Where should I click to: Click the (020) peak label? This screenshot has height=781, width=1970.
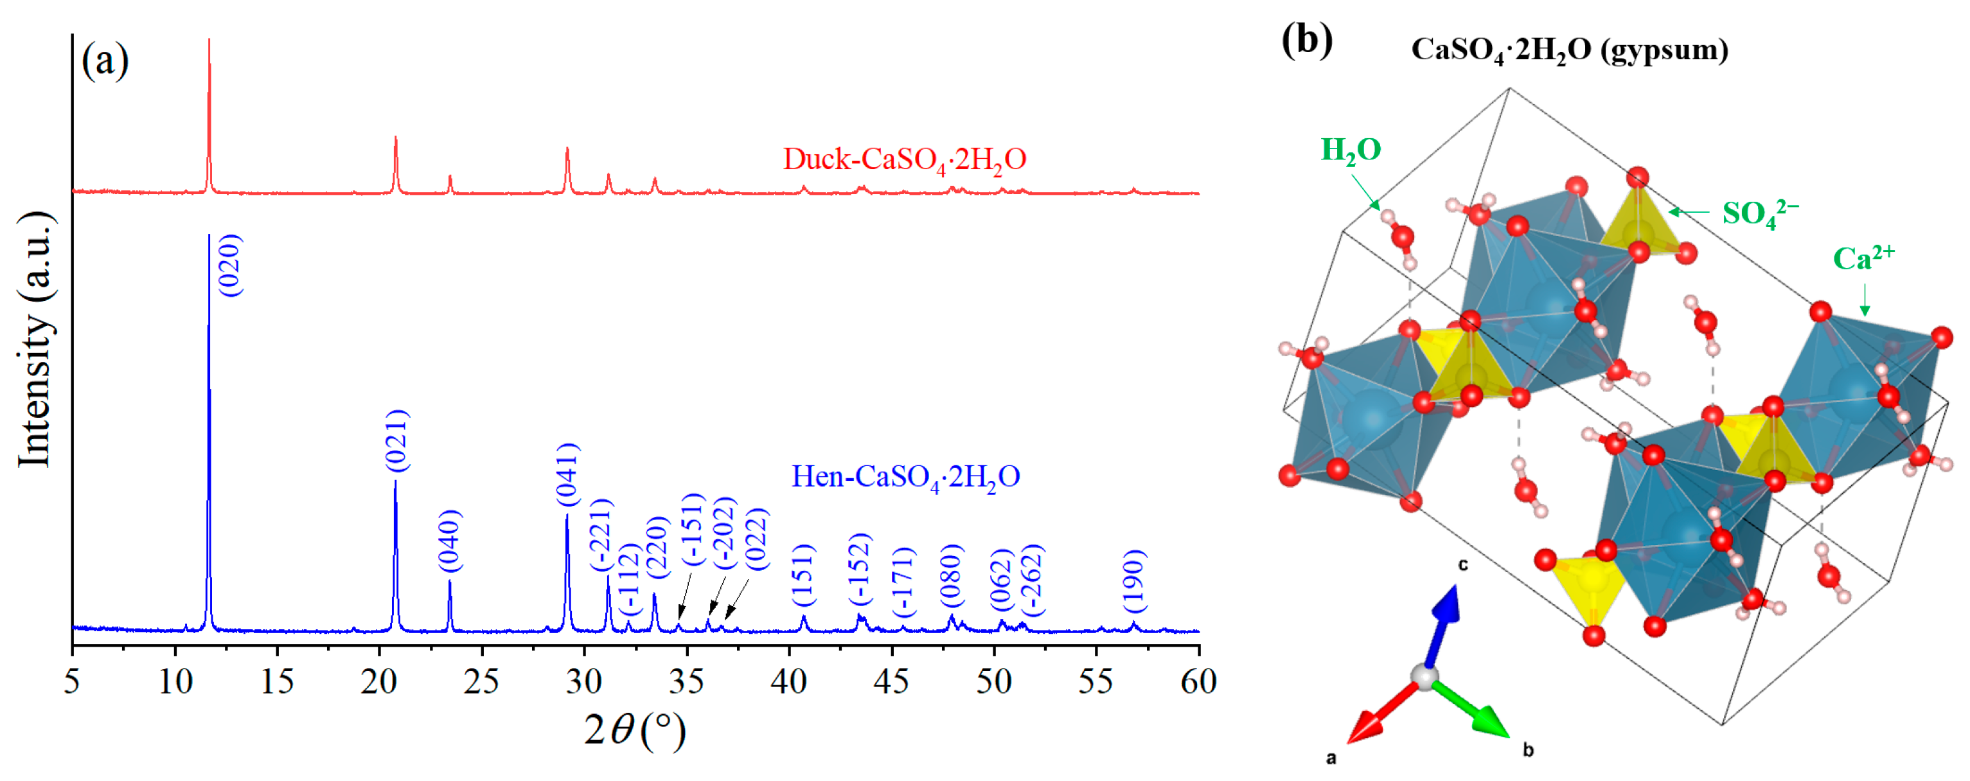(230, 265)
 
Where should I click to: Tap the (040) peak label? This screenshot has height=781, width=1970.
(450, 540)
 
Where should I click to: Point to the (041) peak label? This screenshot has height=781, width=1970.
(567, 474)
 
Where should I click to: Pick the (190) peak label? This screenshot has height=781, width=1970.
(1134, 580)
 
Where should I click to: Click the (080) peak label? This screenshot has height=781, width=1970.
(952, 576)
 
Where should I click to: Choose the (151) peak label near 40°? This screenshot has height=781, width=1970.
(803, 575)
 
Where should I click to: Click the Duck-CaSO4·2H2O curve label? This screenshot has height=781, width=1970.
(904, 160)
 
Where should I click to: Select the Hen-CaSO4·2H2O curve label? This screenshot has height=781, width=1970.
(905, 478)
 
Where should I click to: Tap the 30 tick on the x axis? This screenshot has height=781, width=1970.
(584, 680)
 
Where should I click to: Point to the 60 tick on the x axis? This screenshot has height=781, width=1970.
(1198, 680)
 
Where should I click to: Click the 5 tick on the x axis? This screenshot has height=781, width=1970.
(72, 680)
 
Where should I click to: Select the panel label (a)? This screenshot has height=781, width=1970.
(105, 60)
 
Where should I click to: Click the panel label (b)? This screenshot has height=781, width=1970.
(1307, 39)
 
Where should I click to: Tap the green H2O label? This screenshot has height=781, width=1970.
(1351, 150)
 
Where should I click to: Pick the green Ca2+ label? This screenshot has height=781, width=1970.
(1863, 258)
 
